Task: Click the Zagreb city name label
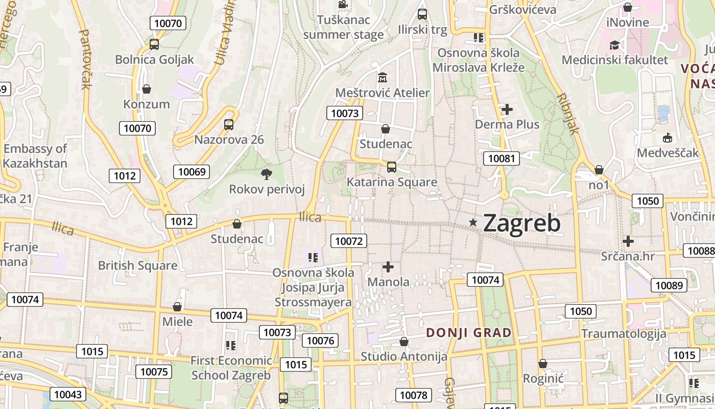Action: point(521,223)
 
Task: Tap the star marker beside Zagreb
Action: point(473,222)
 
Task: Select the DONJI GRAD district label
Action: point(469,333)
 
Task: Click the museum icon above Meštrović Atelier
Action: point(383,78)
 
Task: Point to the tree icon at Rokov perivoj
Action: point(266,174)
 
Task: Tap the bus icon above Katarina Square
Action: point(392,167)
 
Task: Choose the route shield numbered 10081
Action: point(502,158)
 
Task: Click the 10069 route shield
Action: point(192,172)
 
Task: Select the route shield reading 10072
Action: point(349,241)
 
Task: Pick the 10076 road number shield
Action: point(320,340)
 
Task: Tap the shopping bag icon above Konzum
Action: point(147,89)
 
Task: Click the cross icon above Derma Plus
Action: point(507,109)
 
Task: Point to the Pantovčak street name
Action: point(85,59)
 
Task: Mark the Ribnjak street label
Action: point(568,113)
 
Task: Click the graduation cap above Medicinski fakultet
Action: point(614,45)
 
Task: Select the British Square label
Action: point(138,265)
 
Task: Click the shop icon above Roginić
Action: point(543,363)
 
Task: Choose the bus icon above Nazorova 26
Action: point(229,125)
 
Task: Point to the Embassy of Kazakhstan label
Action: point(35,156)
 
